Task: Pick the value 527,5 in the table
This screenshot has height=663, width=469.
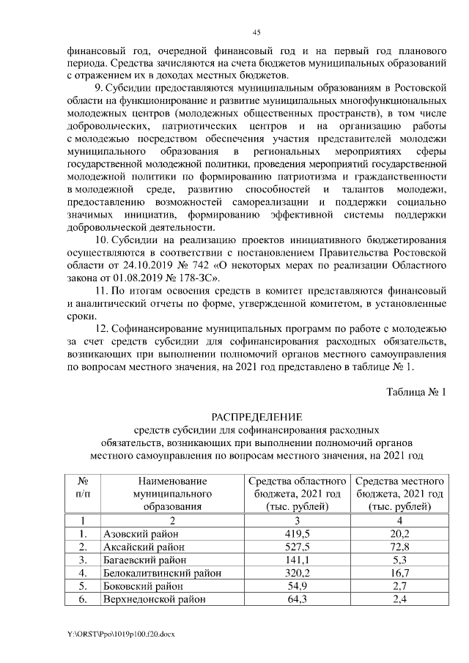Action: point(297,547)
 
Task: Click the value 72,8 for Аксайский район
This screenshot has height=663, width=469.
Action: point(400,547)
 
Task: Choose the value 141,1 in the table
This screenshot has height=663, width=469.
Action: point(297,560)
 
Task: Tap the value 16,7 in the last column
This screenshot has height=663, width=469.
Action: point(400,573)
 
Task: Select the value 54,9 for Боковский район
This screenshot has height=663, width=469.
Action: point(297,586)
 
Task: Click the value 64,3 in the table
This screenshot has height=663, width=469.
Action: point(297,599)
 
